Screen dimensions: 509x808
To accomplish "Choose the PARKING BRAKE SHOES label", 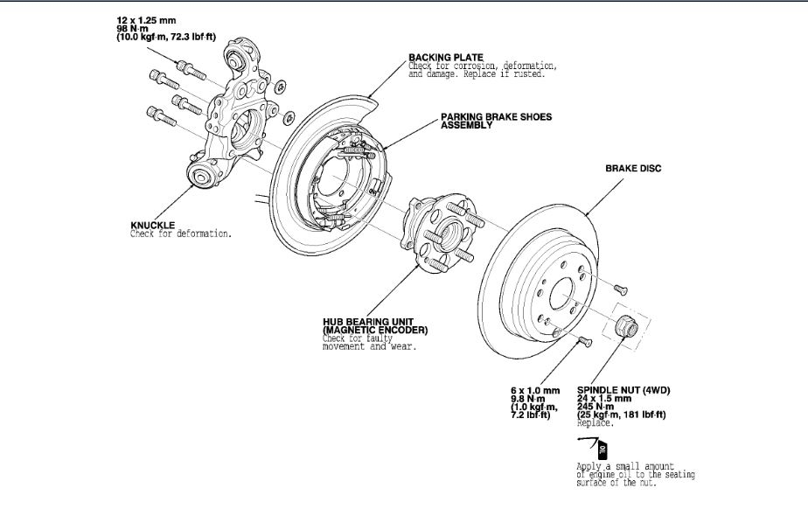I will pyautogui.click(x=497, y=116).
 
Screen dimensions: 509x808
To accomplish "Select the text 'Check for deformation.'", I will pyautogui.click(x=181, y=234).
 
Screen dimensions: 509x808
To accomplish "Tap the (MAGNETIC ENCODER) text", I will pyautogui.click(x=374, y=331).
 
